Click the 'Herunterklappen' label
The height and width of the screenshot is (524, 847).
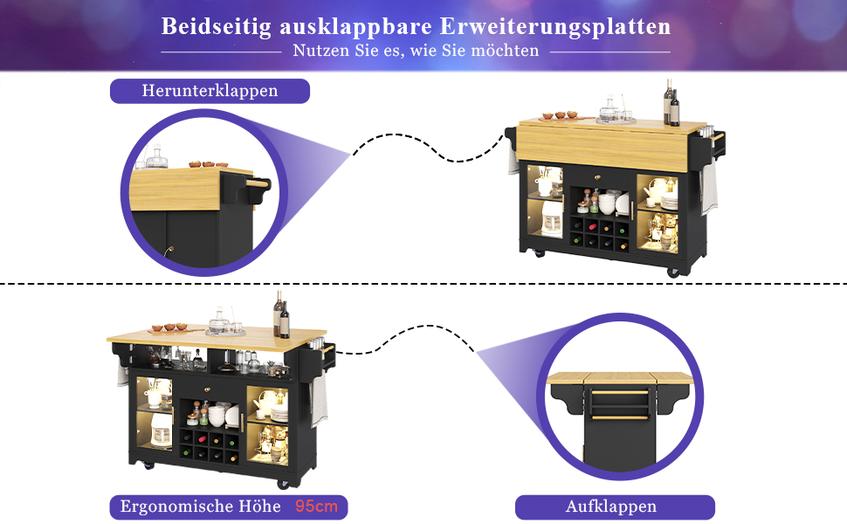pos(210,91)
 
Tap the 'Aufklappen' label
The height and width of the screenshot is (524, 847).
pos(611,507)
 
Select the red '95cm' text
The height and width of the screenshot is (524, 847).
pos(316,507)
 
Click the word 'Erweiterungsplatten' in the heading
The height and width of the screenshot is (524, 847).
pos(554,26)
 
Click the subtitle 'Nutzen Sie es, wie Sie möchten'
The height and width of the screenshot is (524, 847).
pos(416,51)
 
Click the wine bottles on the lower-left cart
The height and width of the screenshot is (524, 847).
pos(281,315)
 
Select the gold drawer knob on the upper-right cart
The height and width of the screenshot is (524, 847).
pos(597,176)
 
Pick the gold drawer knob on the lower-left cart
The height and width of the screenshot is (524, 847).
pos(208,389)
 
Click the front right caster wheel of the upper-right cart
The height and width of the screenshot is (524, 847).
pos(672,272)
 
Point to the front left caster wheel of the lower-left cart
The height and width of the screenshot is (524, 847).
pos(148,465)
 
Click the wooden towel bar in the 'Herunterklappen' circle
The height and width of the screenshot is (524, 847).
pos(257,183)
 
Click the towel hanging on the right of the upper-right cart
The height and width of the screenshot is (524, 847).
pos(709,186)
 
